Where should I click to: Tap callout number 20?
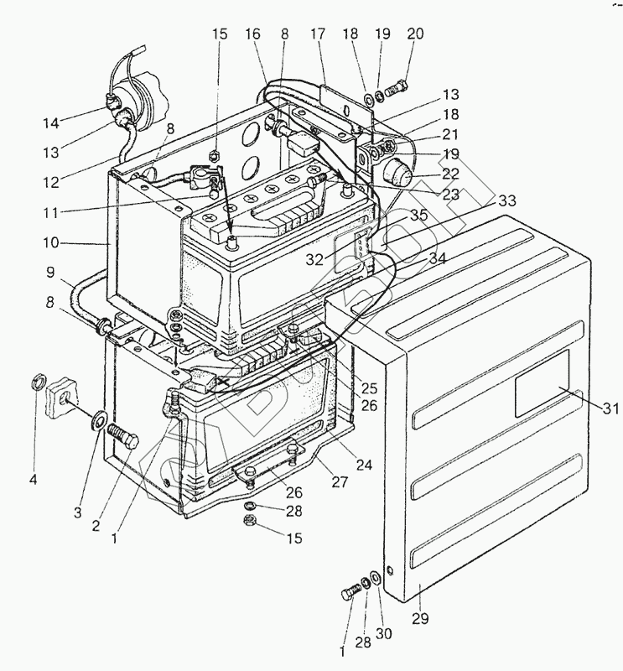click(415, 34)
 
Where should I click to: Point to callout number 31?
click(610, 408)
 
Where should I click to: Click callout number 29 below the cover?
click(420, 619)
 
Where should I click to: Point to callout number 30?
click(384, 633)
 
